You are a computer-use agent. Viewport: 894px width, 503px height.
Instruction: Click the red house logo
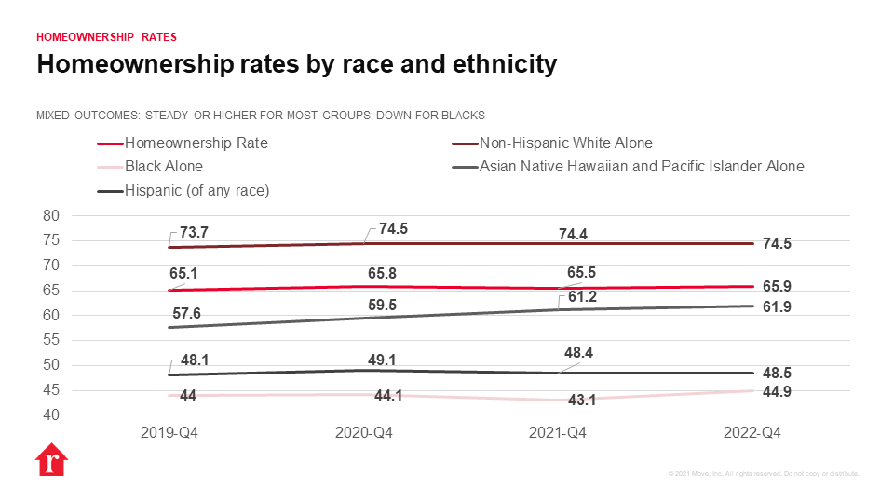[50, 462]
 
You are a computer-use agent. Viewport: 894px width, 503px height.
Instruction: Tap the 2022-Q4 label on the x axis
[752, 433]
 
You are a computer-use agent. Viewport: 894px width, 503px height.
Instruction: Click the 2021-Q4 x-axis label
[558, 433]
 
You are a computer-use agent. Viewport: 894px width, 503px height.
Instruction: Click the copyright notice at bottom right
[764, 474]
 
